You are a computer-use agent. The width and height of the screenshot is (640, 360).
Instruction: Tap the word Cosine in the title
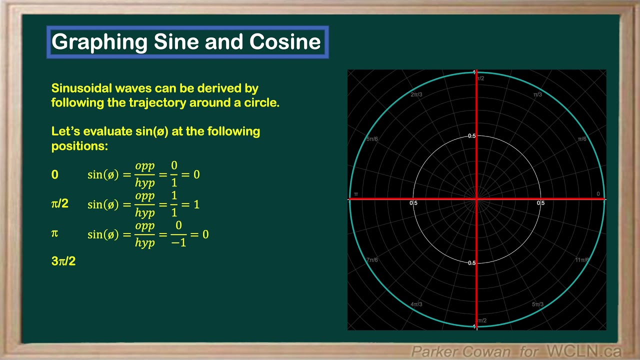(x=285, y=42)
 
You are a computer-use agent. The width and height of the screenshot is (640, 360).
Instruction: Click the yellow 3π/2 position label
(x=63, y=261)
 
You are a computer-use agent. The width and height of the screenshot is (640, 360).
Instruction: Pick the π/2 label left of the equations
(x=60, y=203)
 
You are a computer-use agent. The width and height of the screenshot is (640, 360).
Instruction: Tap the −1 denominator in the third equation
(x=178, y=242)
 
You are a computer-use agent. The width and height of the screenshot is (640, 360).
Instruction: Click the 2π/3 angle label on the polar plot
(x=416, y=94)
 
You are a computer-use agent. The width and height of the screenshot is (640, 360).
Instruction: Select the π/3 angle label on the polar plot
(x=537, y=94)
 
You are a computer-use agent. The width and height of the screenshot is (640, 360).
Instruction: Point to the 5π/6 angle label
(x=372, y=139)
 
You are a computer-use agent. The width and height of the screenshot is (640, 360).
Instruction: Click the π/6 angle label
(x=582, y=139)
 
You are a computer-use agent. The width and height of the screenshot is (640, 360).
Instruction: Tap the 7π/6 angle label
(x=372, y=260)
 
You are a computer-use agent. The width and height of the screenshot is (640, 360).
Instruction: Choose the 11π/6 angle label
(x=581, y=260)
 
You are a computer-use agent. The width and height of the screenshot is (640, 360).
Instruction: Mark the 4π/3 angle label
(x=416, y=304)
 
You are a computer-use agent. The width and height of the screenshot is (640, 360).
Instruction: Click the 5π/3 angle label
(x=537, y=304)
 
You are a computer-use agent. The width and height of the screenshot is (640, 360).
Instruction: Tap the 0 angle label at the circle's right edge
(x=598, y=194)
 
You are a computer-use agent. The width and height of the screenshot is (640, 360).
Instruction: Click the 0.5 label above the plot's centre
(x=471, y=136)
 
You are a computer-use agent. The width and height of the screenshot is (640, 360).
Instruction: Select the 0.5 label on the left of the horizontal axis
(x=413, y=203)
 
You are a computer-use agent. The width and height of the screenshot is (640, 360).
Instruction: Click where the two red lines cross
(x=476, y=199)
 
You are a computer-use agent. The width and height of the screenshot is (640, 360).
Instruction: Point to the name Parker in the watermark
(x=431, y=351)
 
